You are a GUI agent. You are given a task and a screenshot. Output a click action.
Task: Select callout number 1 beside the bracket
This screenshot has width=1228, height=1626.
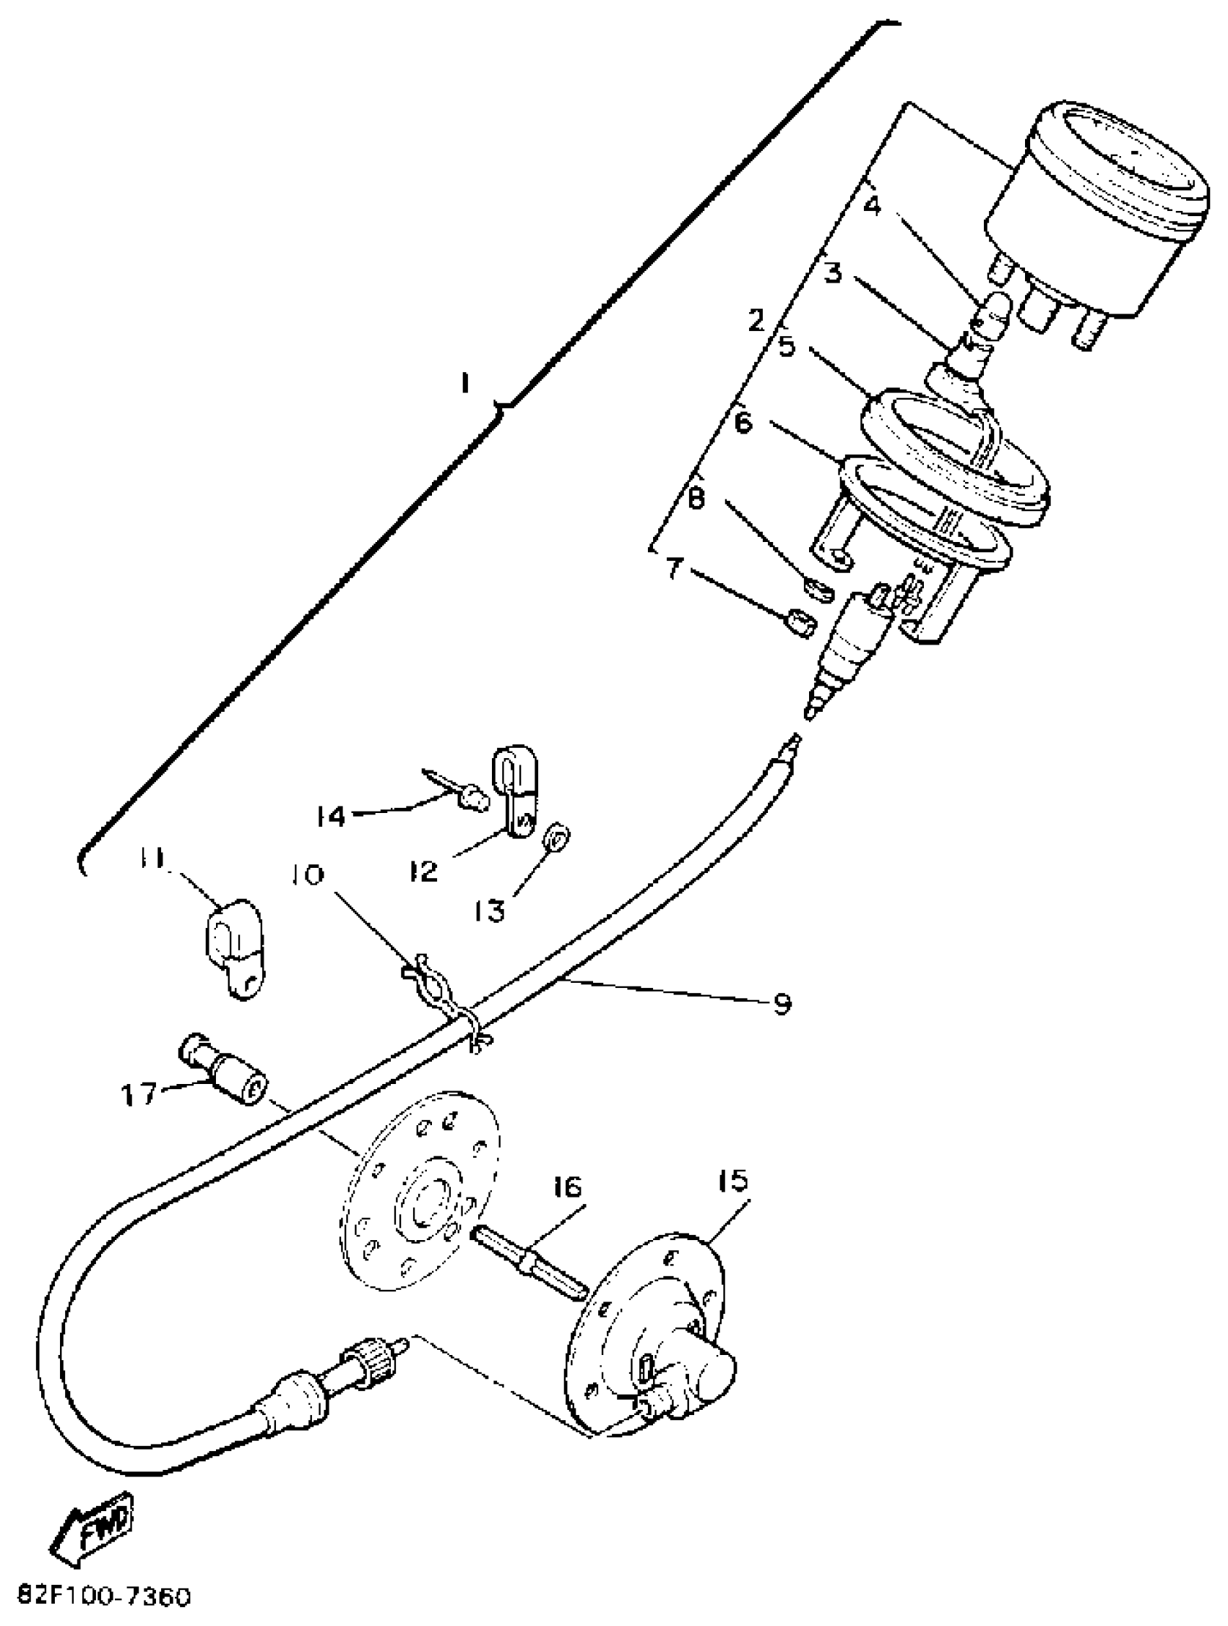[464, 383]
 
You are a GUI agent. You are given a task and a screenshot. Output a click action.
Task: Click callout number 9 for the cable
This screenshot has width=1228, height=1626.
[782, 1002]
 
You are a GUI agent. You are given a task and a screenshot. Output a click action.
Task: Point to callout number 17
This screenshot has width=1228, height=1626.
[139, 1094]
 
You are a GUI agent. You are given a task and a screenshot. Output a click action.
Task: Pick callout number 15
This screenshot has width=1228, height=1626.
[732, 1182]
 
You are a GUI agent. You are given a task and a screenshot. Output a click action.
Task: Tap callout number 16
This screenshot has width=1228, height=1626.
[567, 1187]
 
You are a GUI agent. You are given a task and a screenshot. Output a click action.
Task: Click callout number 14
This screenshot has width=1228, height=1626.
[332, 815]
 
